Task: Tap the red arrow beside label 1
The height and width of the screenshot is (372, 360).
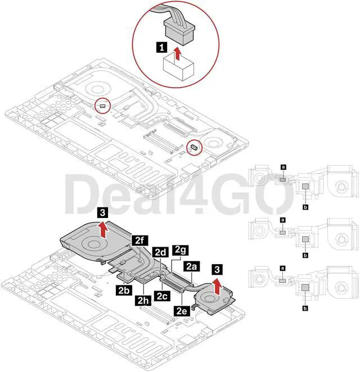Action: coord(177,54)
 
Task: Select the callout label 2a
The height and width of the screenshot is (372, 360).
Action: coord(191,266)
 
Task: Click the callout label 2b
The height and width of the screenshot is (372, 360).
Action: coord(125,290)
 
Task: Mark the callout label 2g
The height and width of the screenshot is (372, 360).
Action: coord(181,249)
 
